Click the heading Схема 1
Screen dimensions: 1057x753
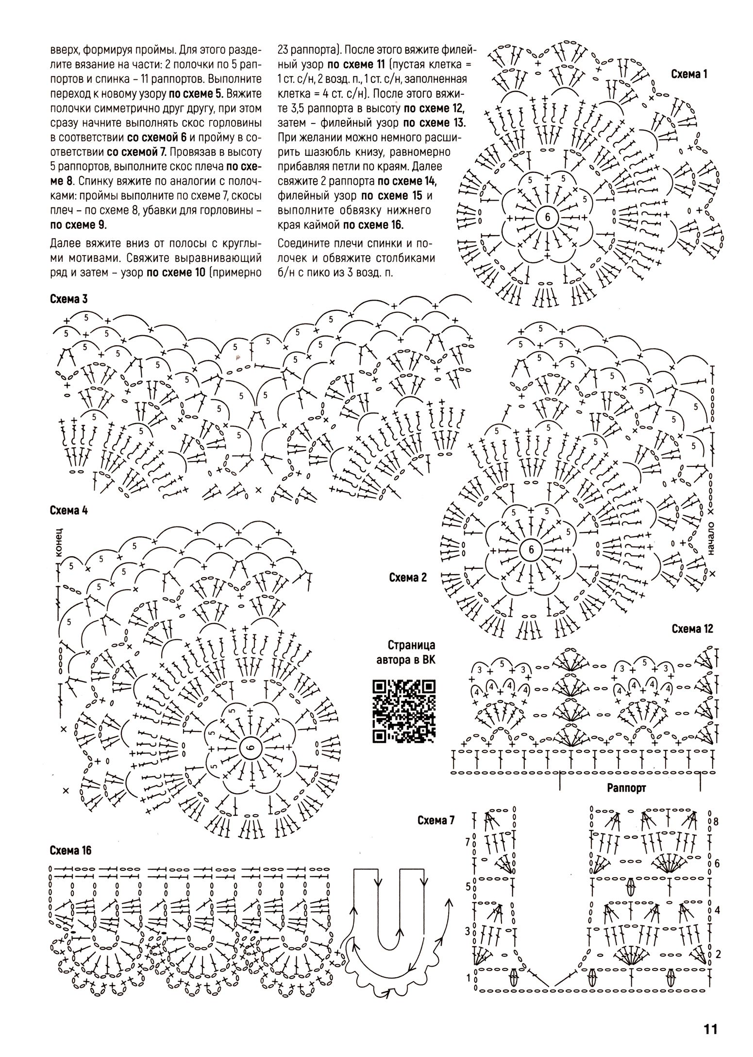[x=689, y=74]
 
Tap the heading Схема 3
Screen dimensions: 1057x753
[x=68, y=299]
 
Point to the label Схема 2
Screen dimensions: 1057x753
[x=408, y=578]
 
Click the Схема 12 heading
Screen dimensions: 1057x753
[x=692, y=629]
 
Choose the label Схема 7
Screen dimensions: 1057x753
[x=436, y=820]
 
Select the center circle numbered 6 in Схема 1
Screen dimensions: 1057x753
[x=548, y=218]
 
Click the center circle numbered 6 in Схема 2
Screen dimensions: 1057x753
[x=530, y=550]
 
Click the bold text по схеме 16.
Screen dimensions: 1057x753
[x=373, y=225]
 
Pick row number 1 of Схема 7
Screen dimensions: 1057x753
[x=468, y=977]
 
